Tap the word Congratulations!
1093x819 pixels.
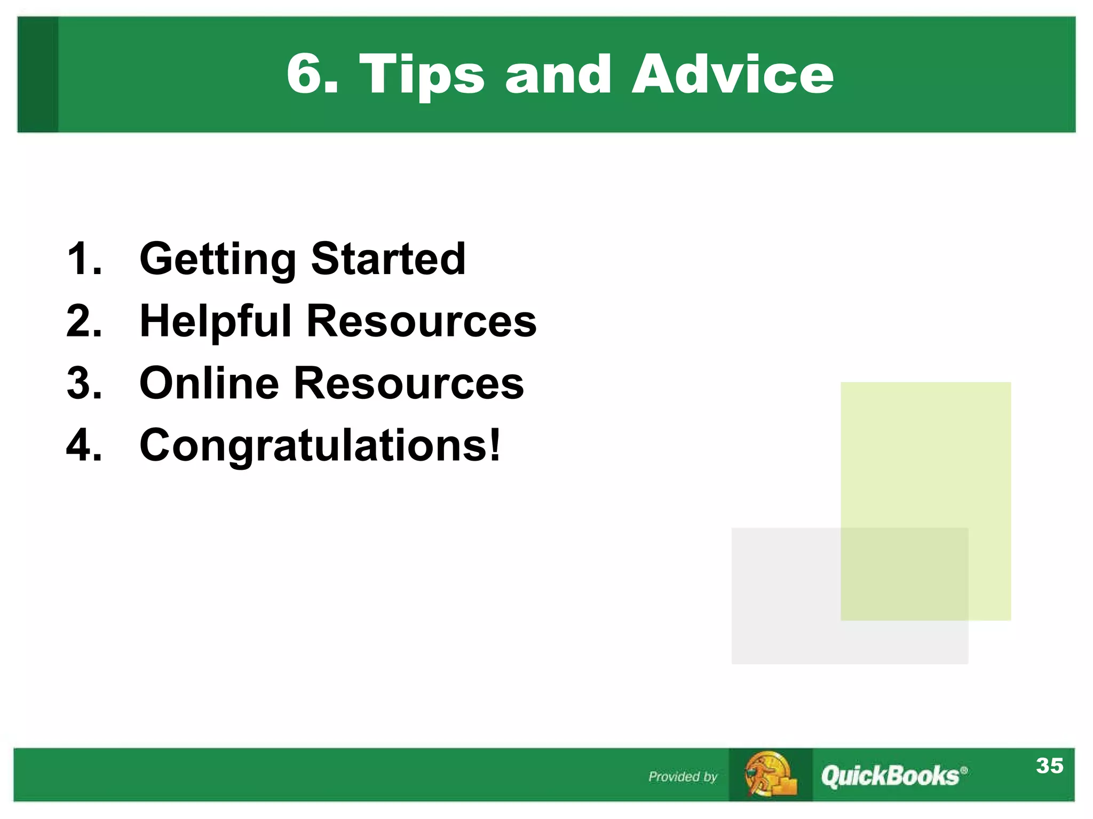coord(320,445)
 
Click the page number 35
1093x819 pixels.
coord(1049,766)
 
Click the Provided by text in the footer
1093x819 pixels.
coord(683,776)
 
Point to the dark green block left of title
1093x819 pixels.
coord(37,75)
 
